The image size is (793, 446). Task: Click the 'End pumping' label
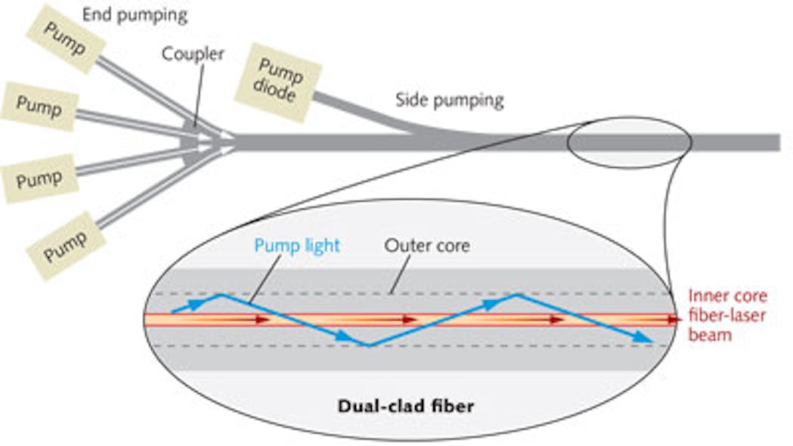(145, 14)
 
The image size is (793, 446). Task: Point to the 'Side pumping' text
(450, 100)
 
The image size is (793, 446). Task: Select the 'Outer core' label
(426, 245)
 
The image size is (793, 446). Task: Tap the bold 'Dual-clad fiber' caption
(405, 406)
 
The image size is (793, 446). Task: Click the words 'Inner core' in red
(727, 296)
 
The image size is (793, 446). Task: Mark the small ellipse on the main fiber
(628, 141)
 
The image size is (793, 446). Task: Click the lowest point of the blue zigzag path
(368, 345)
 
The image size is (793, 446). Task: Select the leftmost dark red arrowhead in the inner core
(262, 320)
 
